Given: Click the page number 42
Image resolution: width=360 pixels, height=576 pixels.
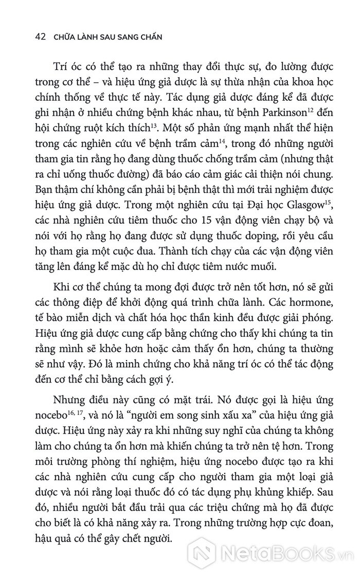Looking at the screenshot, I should pos(39,38).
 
